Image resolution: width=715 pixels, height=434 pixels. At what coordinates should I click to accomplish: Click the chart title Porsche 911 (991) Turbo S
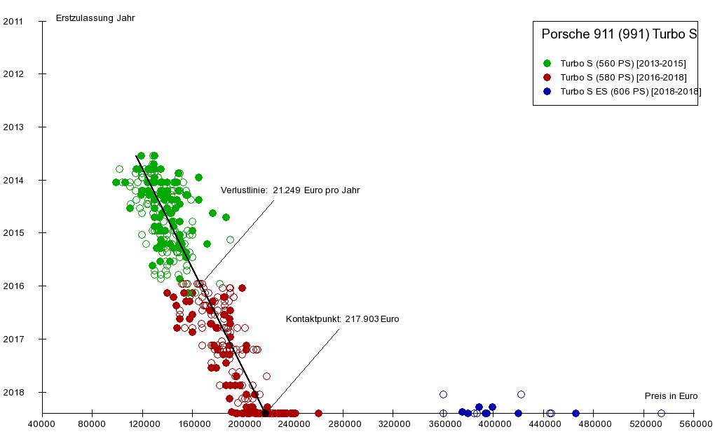(619, 34)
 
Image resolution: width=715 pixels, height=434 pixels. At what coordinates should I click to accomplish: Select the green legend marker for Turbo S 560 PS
(547, 63)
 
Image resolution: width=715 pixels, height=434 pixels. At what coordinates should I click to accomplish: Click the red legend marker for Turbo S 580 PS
(547, 77)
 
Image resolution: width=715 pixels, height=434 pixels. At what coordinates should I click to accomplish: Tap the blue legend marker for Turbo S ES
(547, 91)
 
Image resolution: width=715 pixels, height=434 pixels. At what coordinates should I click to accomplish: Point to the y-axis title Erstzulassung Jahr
(95, 17)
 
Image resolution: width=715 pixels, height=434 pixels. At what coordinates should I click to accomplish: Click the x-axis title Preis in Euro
(671, 396)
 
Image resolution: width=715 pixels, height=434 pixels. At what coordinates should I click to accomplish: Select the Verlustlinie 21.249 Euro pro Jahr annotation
(290, 190)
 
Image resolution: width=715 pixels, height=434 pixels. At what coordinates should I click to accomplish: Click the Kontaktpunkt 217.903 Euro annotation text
(342, 319)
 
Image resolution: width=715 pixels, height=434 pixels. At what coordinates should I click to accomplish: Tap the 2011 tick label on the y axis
(13, 21)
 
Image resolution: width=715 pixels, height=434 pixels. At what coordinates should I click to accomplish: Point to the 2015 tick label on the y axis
(13, 233)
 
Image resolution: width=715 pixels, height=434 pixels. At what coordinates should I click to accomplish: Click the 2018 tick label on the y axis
(13, 392)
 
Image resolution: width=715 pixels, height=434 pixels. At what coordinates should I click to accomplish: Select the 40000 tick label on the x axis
(42, 423)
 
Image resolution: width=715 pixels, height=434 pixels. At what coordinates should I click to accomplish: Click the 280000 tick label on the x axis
(343, 423)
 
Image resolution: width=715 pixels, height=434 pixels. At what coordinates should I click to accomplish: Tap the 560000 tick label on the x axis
(694, 423)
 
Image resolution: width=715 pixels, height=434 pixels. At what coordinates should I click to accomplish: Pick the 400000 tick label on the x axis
(494, 423)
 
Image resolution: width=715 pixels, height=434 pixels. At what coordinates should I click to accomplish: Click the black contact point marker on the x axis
(265, 413)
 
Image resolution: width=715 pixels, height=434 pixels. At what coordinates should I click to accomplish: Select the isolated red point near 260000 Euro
(318, 413)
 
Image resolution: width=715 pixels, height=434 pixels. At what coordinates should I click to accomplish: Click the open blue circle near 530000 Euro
(661, 413)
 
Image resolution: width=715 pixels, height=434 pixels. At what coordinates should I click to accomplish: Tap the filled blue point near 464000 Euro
(576, 413)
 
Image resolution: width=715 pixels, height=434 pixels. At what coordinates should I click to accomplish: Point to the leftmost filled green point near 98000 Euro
(116, 182)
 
